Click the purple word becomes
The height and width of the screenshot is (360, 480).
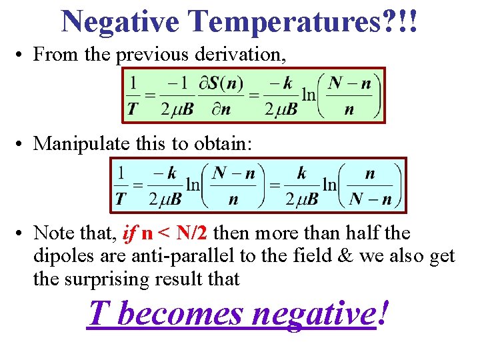pyautogui.click(x=179, y=313)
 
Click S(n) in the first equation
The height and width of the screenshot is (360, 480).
pyautogui.click(x=225, y=84)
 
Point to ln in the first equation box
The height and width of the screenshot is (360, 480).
pyautogui.click(x=309, y=95)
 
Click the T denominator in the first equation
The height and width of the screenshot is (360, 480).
pyautogui.click(x=134, y=109)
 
